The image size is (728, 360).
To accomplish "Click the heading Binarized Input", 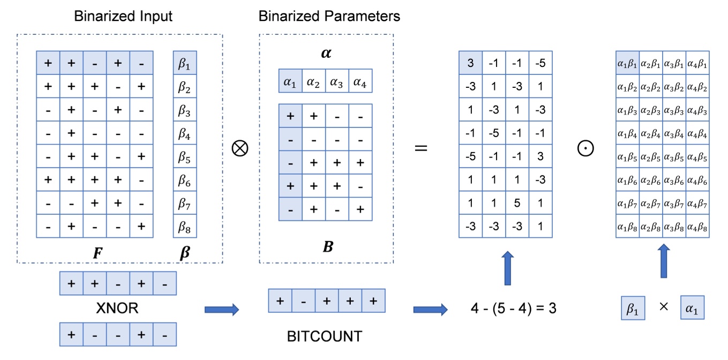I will pyautogui.click(x=123, y=16).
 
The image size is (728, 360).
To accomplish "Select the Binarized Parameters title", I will pyautogui.click(x=329, y=16).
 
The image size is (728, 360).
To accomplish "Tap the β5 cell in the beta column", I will pyautogui.click(x=184, y=157).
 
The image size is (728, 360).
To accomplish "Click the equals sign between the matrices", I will pyautogui.click(x=422, y=147).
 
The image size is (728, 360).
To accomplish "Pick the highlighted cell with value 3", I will pyautogui.click(x=471, y=63).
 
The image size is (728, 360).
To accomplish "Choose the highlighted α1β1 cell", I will pyautogui.click(x=627, y=63).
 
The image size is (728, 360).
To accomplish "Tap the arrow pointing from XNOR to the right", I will pyautogui.click(x=221, y=309).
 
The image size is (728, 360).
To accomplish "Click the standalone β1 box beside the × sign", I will pyautogui.click(x=633, y=309).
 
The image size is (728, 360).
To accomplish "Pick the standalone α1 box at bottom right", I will pyautogui.click(x=692, y=309).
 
